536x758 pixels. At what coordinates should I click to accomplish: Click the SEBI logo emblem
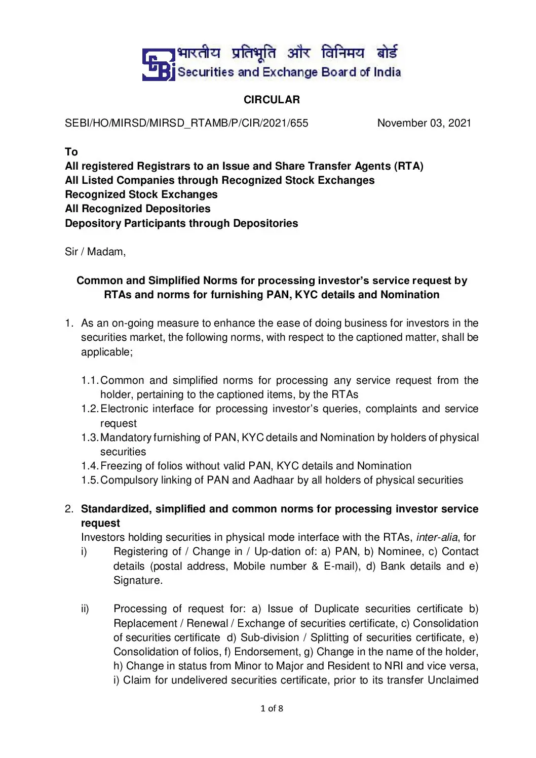click(158, 64)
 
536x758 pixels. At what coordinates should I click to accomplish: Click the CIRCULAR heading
click(272, 100)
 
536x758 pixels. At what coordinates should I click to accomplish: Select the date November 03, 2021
click(424, 123)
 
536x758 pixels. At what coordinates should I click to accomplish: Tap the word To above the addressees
click(71, 152)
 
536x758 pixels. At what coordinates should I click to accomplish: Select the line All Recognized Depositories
click(138, 209)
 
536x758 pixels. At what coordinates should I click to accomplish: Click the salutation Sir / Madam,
click(95, 252)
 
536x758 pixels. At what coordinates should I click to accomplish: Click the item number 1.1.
click(90, 380)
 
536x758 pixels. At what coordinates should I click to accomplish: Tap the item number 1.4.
click(90, 466)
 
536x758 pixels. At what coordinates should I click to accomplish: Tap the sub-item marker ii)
click(85, 609)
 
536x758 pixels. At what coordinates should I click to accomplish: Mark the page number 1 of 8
click(272, 708)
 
